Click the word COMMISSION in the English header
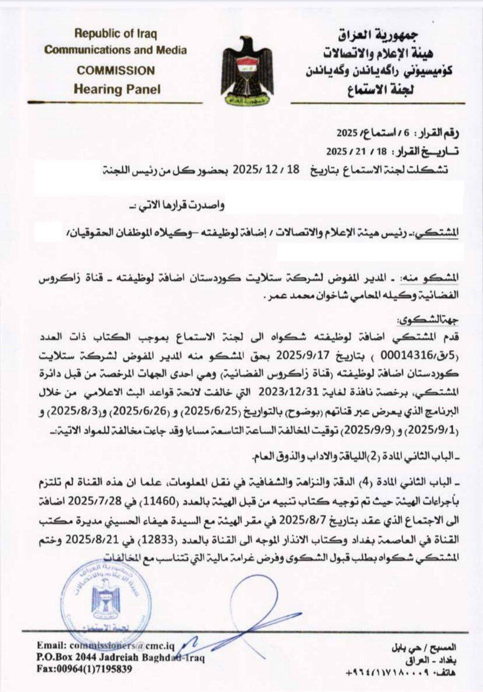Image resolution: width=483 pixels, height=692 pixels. (x=116, y=70)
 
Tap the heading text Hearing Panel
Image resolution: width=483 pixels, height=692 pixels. (x=117, y=89)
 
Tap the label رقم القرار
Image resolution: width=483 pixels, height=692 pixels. (x=444, y=131)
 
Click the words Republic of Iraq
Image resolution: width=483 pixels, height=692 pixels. (x=116, y=34)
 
